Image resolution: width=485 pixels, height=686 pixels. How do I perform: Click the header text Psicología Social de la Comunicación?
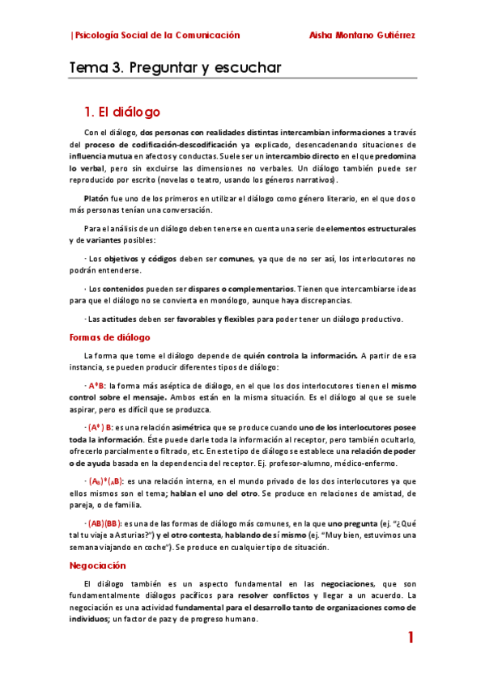pyautogui.click(x=156, y=36)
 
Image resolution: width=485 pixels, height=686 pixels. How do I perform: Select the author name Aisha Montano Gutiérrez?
pyautogui.click(x=363, y=36)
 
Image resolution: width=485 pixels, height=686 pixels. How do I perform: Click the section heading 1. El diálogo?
pyautogui.click(x=122, y=112)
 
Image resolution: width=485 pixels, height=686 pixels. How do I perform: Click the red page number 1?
pyautogui.click(x=411, y=638)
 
